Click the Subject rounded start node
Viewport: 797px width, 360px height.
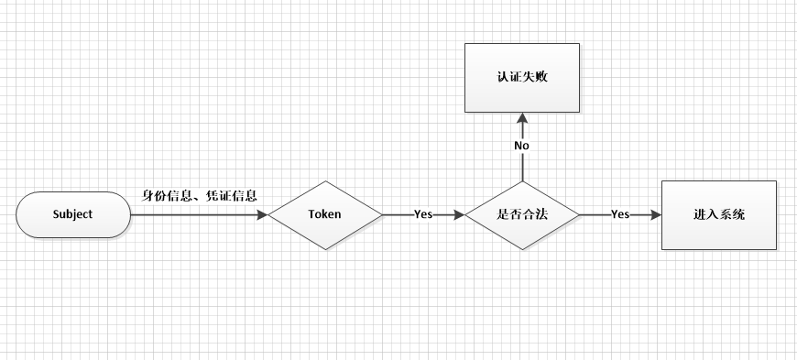click(x=73, y=215)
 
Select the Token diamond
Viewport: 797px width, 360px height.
click(x=325, y=215)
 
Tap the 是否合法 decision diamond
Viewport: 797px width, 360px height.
click(x=522, y=215)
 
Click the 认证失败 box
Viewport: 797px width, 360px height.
click(x=522, y=79)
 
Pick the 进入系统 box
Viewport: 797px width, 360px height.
click(x=718, y=215)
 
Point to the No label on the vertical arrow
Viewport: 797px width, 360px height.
click(x=522, y=146)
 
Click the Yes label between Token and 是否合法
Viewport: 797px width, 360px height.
click(x=423, y=215)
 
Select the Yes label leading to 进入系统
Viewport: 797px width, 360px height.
click(x=620, y=215)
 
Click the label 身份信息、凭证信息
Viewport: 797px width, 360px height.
click(x=199, y=196)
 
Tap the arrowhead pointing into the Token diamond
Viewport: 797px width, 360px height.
click(x=262, y=215)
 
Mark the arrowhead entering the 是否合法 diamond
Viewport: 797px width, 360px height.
click(x=459, y=215)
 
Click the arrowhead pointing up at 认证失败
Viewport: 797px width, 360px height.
click(x=522, y=119)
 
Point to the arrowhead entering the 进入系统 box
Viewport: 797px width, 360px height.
click(x=655, y=215)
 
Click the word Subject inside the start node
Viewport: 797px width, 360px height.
click(x=73, y=215)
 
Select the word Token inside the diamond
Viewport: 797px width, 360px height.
click(x=325, y=215)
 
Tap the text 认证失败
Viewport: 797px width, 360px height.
click(x=522, y=79)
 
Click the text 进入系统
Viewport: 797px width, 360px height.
click(x=718, y=215)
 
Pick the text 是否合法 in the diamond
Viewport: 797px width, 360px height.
click(x=522, y=215)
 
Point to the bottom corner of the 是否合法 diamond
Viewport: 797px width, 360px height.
click(x=522, y=250)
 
